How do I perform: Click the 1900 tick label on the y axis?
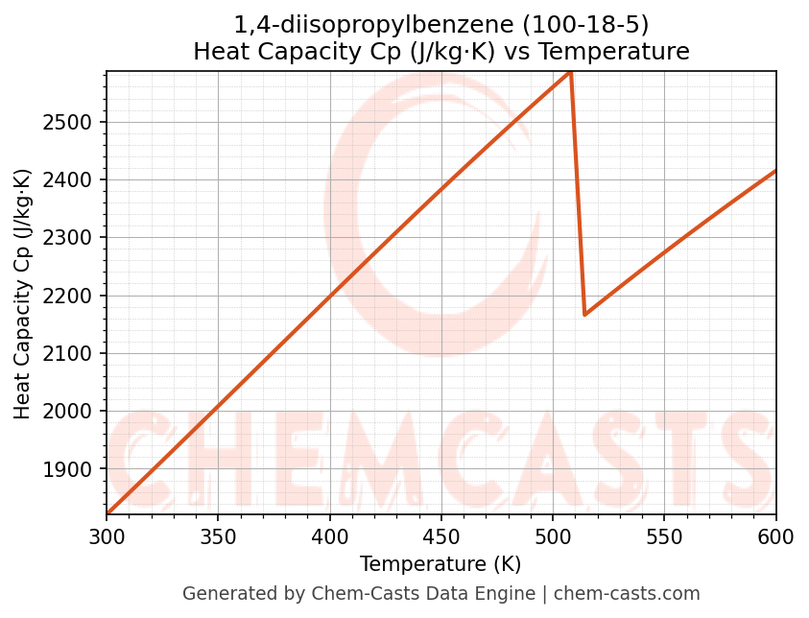76,469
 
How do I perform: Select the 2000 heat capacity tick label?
76,412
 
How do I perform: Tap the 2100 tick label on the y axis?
76,354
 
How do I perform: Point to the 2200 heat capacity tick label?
76,296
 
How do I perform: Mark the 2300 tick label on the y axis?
76,238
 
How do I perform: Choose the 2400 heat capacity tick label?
76,180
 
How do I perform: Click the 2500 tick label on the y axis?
76,122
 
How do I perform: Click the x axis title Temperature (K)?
440,564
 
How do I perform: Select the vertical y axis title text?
23,294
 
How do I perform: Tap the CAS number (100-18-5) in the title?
594,24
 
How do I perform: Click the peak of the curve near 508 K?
570,72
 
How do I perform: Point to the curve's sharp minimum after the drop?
584,314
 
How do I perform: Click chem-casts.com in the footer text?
627,594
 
